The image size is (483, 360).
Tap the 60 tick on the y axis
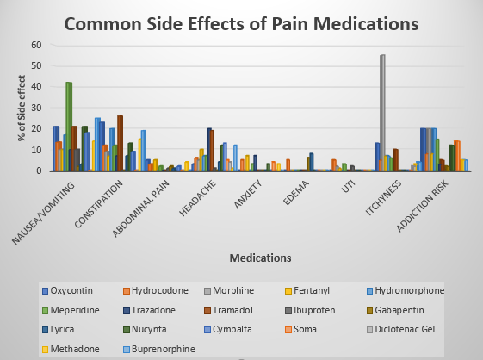35,45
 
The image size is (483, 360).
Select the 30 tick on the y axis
35,108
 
